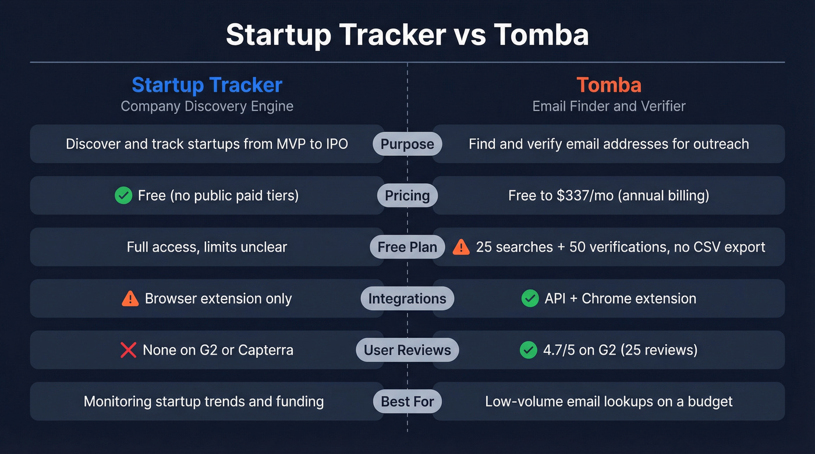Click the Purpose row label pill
[407, 144]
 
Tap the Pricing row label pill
[407, 196]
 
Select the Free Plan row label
[407, 247]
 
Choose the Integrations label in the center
[407, 299]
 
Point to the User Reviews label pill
[407, 350]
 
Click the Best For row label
[407, 401]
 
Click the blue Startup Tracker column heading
[207, 85]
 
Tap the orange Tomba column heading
[609, 85]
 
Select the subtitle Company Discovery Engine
[207, 106]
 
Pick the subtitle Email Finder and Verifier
[609, 106]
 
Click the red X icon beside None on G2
[128, 350]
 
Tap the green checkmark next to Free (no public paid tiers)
[123, 196]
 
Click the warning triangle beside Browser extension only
[130, 299]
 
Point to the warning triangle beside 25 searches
[461, 247]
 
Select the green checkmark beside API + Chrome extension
[530, 299]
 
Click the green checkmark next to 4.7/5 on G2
[528, 350]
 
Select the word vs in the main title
[469, 35]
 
